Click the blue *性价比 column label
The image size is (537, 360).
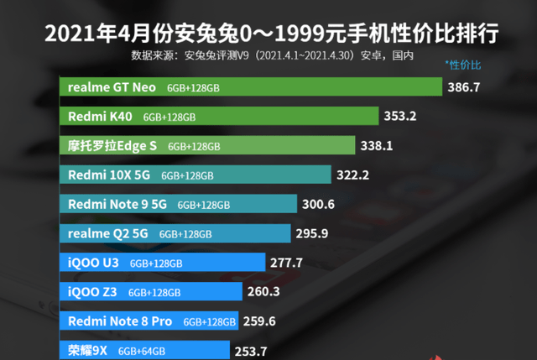click(x=463, y=65)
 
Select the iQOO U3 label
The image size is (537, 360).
click(x=93, y=263)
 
